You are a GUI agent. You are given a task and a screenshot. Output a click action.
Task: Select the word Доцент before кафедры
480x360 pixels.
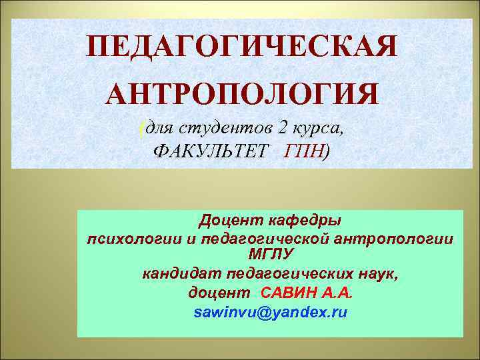click(x=227, y=220)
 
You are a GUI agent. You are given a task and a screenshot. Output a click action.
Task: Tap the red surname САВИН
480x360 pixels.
click(x=291, y=293)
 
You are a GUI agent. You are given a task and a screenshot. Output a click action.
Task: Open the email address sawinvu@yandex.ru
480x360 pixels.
click(x=270, y=312)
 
